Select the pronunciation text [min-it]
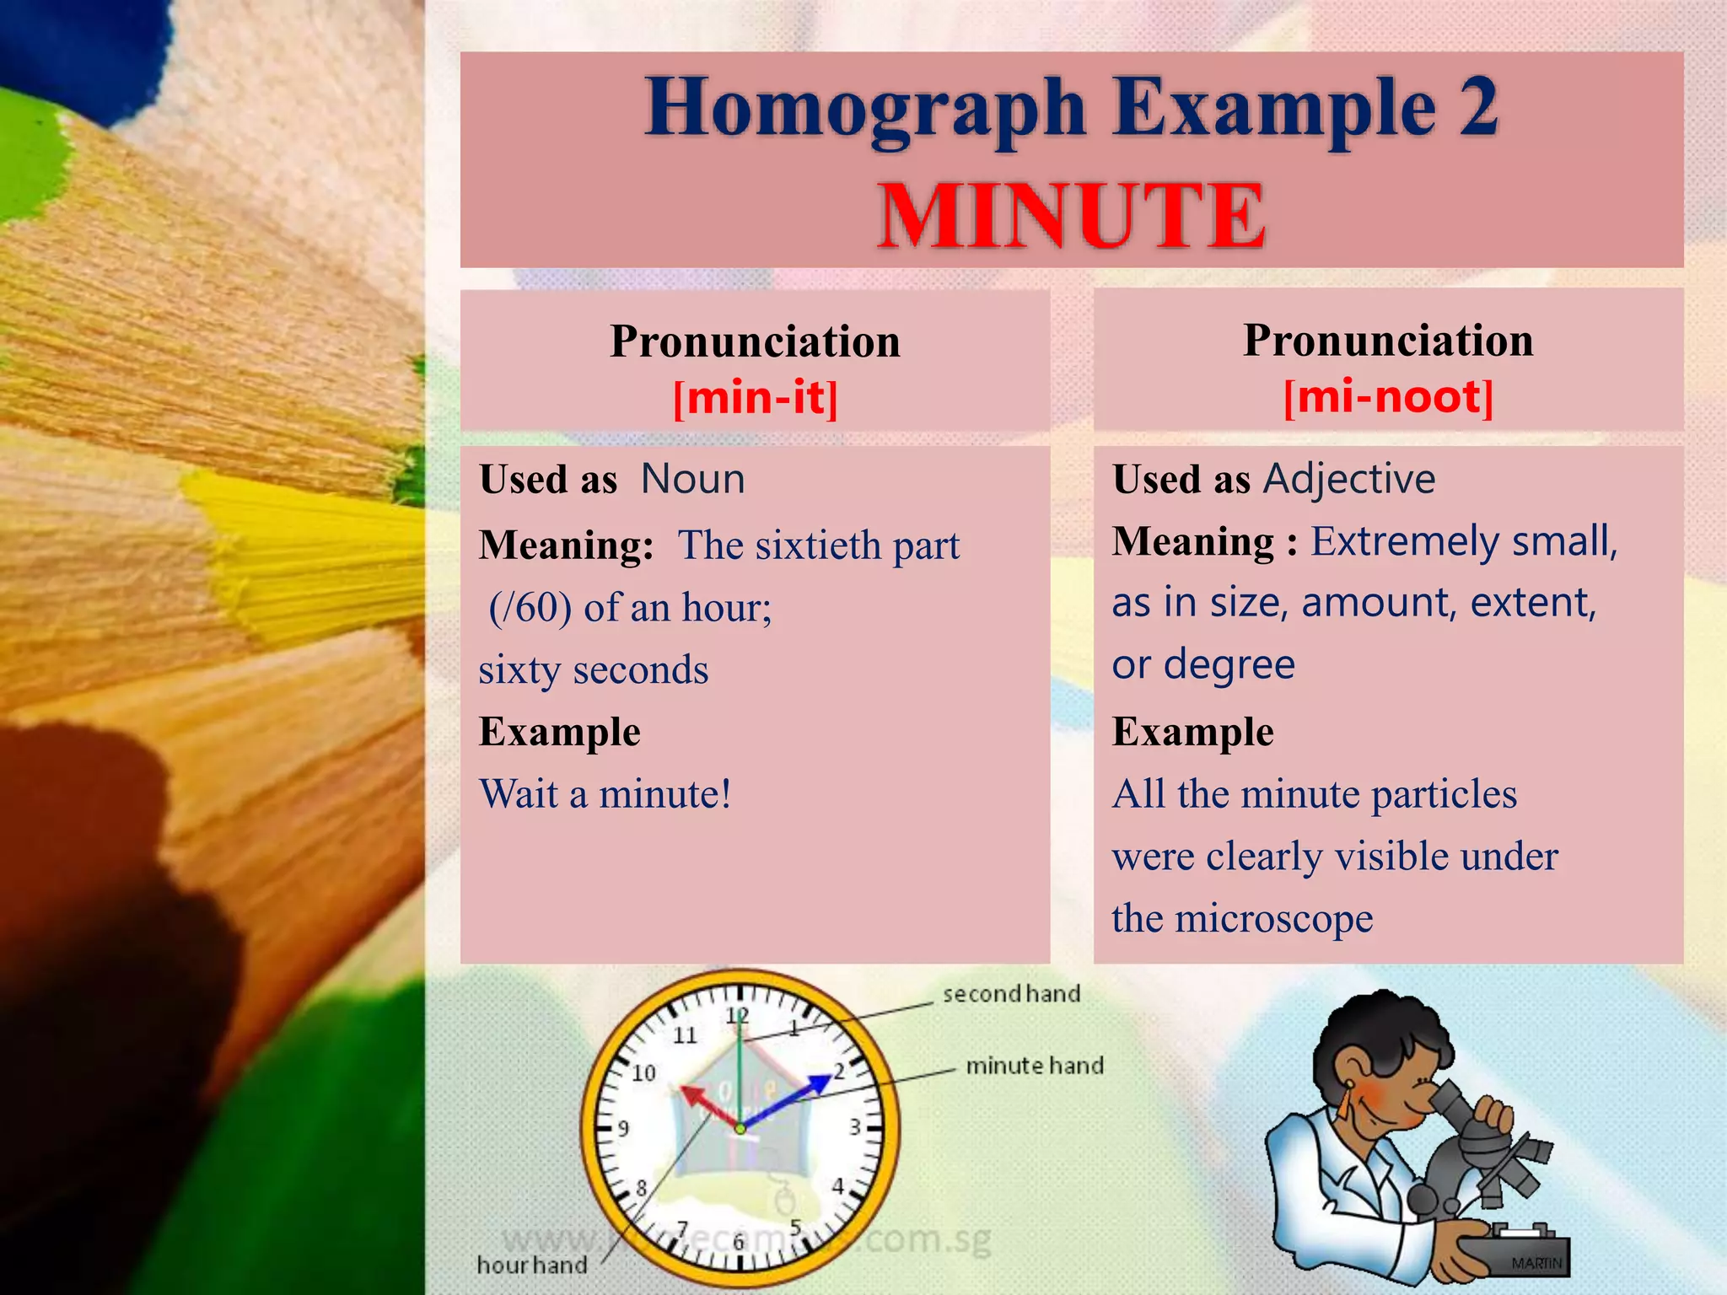756,398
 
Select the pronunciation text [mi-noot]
1388,396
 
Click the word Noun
692,479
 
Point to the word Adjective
1349,479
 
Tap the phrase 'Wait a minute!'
605,794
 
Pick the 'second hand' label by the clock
1011,994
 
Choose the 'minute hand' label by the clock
1035,1066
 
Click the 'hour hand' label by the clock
532,1265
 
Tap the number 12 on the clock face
738,1016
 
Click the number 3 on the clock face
855,1126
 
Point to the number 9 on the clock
623,1128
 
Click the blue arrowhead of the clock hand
819,1084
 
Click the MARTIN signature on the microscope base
1536,1263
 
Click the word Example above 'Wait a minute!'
560,732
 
